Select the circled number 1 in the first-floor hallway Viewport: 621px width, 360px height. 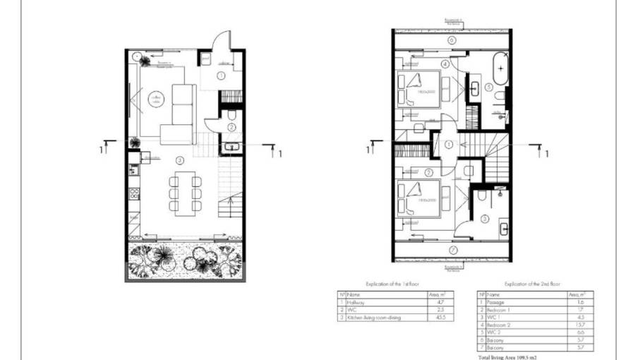coord(221,74)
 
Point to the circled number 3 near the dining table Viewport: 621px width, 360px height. coord(181,160)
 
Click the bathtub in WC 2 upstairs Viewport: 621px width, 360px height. coord(502,68)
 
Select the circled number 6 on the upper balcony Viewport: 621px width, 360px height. coord(452,40)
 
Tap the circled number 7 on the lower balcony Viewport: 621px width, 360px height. coord(452,249)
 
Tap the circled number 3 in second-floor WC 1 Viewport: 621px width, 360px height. coord(485,219)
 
